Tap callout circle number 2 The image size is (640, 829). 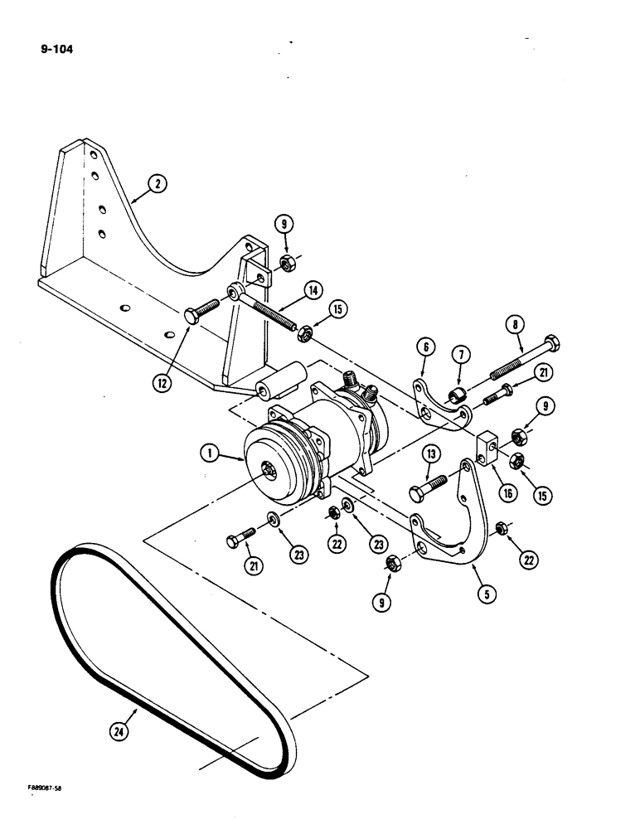click(155, 187)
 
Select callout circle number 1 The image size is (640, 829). click(211, 453)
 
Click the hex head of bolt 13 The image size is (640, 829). click(416, 495)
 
